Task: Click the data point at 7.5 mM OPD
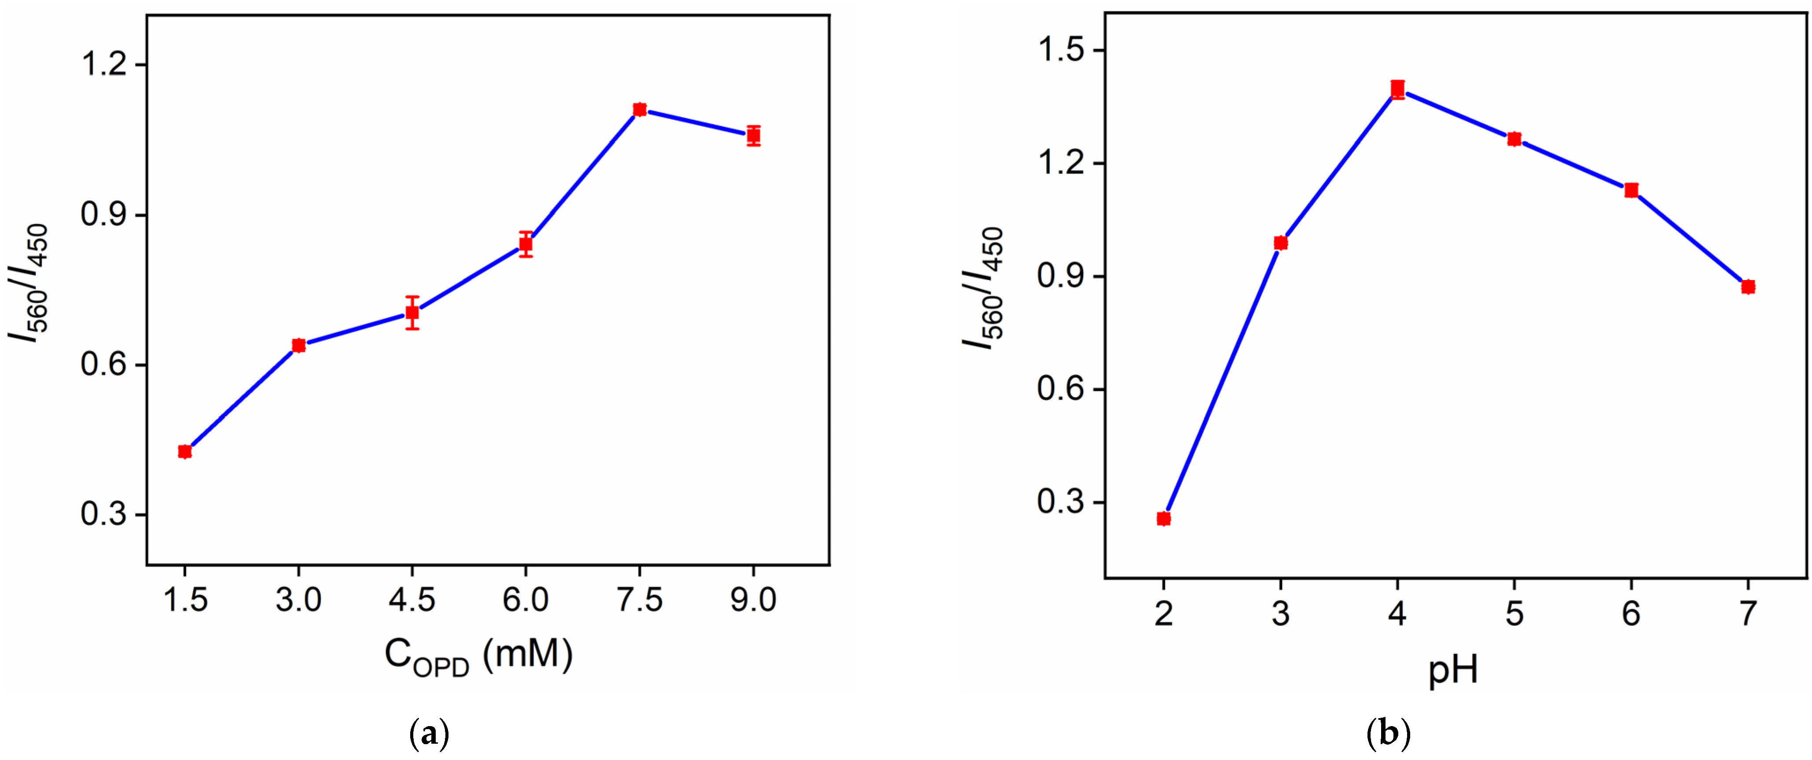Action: pos(640,110)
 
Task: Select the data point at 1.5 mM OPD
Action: pos(185,452)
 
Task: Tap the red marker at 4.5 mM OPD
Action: pos(412,313)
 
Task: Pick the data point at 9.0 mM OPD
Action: pos(753,135)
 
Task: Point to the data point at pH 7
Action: pos(1748,286)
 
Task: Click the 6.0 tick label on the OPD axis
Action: pos(526,600)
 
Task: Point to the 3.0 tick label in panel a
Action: pos(298,600)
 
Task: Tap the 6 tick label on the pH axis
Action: pos(1631,614)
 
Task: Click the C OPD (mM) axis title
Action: pos(478,656)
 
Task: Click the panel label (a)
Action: pos(428,734)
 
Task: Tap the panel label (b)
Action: pos(1388,734)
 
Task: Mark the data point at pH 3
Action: pos(1281,243)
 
